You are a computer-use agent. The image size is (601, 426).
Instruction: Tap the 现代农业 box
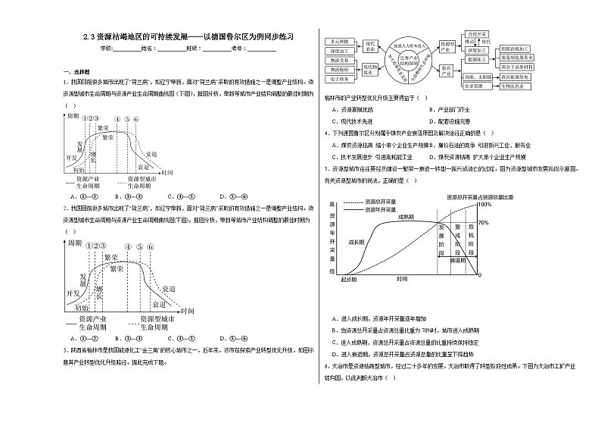[x=371, y=45]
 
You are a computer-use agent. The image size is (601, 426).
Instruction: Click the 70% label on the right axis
[x=484, y=223]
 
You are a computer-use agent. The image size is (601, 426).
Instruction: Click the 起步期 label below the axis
[x=348, y=279]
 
